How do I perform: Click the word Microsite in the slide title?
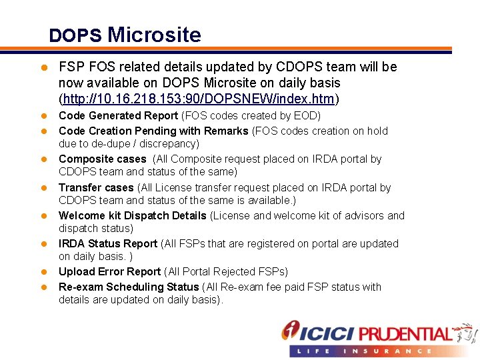(x=154, y=35)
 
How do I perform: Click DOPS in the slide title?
(x=75, y=36)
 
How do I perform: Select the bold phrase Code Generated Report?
(x=118, y=116)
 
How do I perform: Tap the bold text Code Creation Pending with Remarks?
(x=153, y=131)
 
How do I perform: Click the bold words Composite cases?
(x=102, y=159)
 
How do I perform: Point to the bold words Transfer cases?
(x=96, y=188)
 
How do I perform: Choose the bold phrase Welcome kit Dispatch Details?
(x=132, y=215)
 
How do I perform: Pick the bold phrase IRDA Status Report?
(x=108, y=243)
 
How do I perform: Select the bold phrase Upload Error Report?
(x=109, y=271)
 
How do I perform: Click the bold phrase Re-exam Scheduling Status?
(x=129, y=287)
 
